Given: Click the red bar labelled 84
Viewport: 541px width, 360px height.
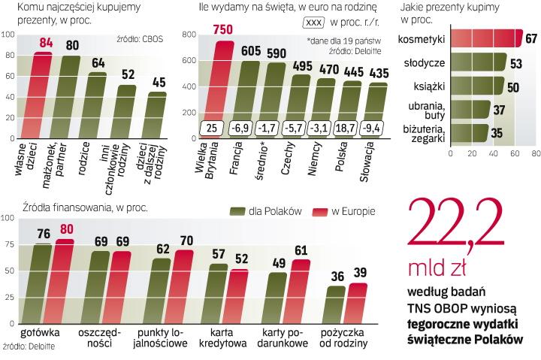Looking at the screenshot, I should pos(42,94).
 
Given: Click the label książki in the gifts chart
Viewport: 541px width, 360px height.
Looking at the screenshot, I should pos(431,87).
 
